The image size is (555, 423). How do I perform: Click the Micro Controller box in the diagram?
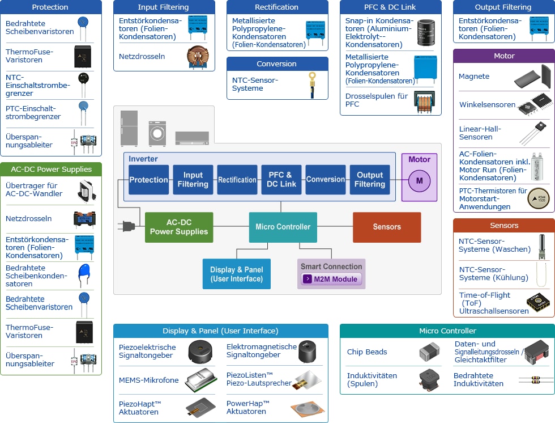click(x=283, y=227)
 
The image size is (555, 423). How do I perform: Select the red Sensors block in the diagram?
click(x=387, y=227)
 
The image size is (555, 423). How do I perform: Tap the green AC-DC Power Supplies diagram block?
click(x=179, y=227)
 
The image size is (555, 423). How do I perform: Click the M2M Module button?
click(x=331, y=279)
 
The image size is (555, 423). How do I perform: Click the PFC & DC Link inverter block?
click(x=281, y=180)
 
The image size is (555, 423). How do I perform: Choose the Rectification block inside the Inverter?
click(x=237, y=180)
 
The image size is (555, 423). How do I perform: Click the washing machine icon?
click(x=157, y=134)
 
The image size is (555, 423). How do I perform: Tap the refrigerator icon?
click(x=129, y=128)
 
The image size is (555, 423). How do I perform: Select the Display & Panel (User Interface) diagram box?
click(x=236, y=274)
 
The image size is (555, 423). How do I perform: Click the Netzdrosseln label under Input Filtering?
click(x=142, y=57)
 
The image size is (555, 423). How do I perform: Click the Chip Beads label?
click(x=367, y=352)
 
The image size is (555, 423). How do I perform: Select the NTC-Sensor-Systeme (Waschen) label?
click(x=494, y=245)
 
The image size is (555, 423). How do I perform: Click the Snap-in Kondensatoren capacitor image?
click(x=426, y=32)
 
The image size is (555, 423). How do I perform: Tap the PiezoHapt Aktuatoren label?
click(x=140, y=408)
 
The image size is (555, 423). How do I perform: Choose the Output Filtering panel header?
click(x=503, y=7)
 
